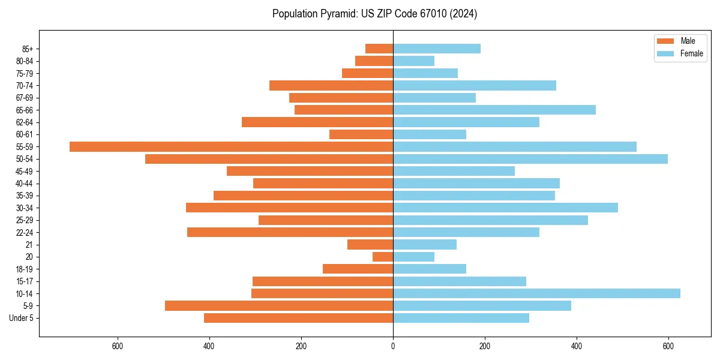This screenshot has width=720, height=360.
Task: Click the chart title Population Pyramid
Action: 374,14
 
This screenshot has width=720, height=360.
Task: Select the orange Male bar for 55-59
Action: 231,146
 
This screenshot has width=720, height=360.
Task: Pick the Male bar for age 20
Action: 383,257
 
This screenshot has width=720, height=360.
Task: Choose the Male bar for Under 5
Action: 298,318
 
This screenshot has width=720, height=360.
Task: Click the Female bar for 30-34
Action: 505,208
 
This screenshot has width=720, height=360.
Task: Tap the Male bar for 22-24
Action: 290,232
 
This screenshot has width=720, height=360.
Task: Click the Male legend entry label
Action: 688,41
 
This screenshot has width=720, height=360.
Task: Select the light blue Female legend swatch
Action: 665,53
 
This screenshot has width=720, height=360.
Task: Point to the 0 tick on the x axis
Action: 393,346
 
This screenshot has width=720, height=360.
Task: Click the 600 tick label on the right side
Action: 668,346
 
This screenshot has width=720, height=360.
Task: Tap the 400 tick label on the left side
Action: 209,346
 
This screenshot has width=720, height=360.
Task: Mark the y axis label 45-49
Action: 25,171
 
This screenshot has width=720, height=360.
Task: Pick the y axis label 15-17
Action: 25,281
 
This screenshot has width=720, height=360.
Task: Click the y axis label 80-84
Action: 25,61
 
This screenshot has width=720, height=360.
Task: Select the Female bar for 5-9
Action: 482,306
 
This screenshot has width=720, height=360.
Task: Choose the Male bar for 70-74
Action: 331,85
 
